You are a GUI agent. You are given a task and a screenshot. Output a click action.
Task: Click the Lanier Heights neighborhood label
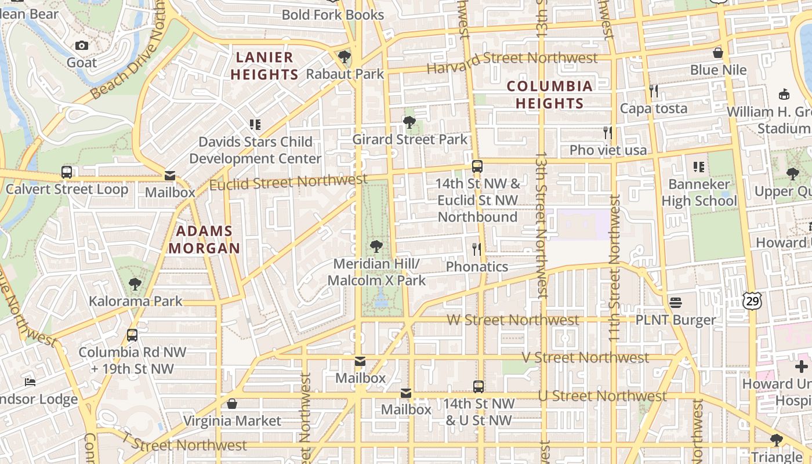pyautogui.click(x=264, y=66)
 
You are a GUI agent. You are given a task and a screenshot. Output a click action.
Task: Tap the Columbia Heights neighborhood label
pyautogui.click(x=550, y=95)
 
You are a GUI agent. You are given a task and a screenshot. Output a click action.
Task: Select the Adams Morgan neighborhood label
pyautogui.click(x=204, y=240)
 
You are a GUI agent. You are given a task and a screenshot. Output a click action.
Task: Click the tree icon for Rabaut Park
pyautogui.click(x=345, y=57)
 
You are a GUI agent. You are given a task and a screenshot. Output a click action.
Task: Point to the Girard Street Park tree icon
pyautogui.click(x=409, y=122)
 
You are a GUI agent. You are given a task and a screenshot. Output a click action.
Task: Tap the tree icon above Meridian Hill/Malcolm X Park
pyautogui.click(x=376, y=246)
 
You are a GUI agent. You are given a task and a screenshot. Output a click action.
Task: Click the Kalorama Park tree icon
pyautogui.click(x=135, y=284)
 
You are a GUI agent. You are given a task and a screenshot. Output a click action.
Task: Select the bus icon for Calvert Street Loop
pyautogui.click(x=67, y=172)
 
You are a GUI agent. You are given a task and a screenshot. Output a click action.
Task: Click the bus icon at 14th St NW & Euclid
pyautogui.click(x=477, y=166)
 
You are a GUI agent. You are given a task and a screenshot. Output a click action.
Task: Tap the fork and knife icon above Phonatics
pyautogui.click(x=477, y=249)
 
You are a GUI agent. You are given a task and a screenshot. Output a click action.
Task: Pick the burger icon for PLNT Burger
pyautogui.click(x=675, y=302)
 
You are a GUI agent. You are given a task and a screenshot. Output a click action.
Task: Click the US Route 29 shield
pyautogui.click(x=751, y=300)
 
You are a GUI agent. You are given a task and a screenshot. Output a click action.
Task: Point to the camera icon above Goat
pyautogui.click(x=82, y=45)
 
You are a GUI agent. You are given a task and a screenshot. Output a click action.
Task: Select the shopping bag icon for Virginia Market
pyautogui.click(x=232, y=404)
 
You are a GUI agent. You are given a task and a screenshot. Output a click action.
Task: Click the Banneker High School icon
pyautogui.click(x=699, y=167)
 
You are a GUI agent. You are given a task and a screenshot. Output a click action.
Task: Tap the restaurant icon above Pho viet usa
pyautogui.click(x=607, y=133)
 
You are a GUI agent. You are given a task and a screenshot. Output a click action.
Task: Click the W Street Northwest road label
pyautogui.click(x=513, y=320)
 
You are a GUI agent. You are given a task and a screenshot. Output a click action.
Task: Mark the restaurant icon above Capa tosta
pyautogui.click(x=654, y=91)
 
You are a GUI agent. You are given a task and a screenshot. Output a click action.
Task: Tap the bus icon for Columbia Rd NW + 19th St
pyautogui.click(x=132, y=335)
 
